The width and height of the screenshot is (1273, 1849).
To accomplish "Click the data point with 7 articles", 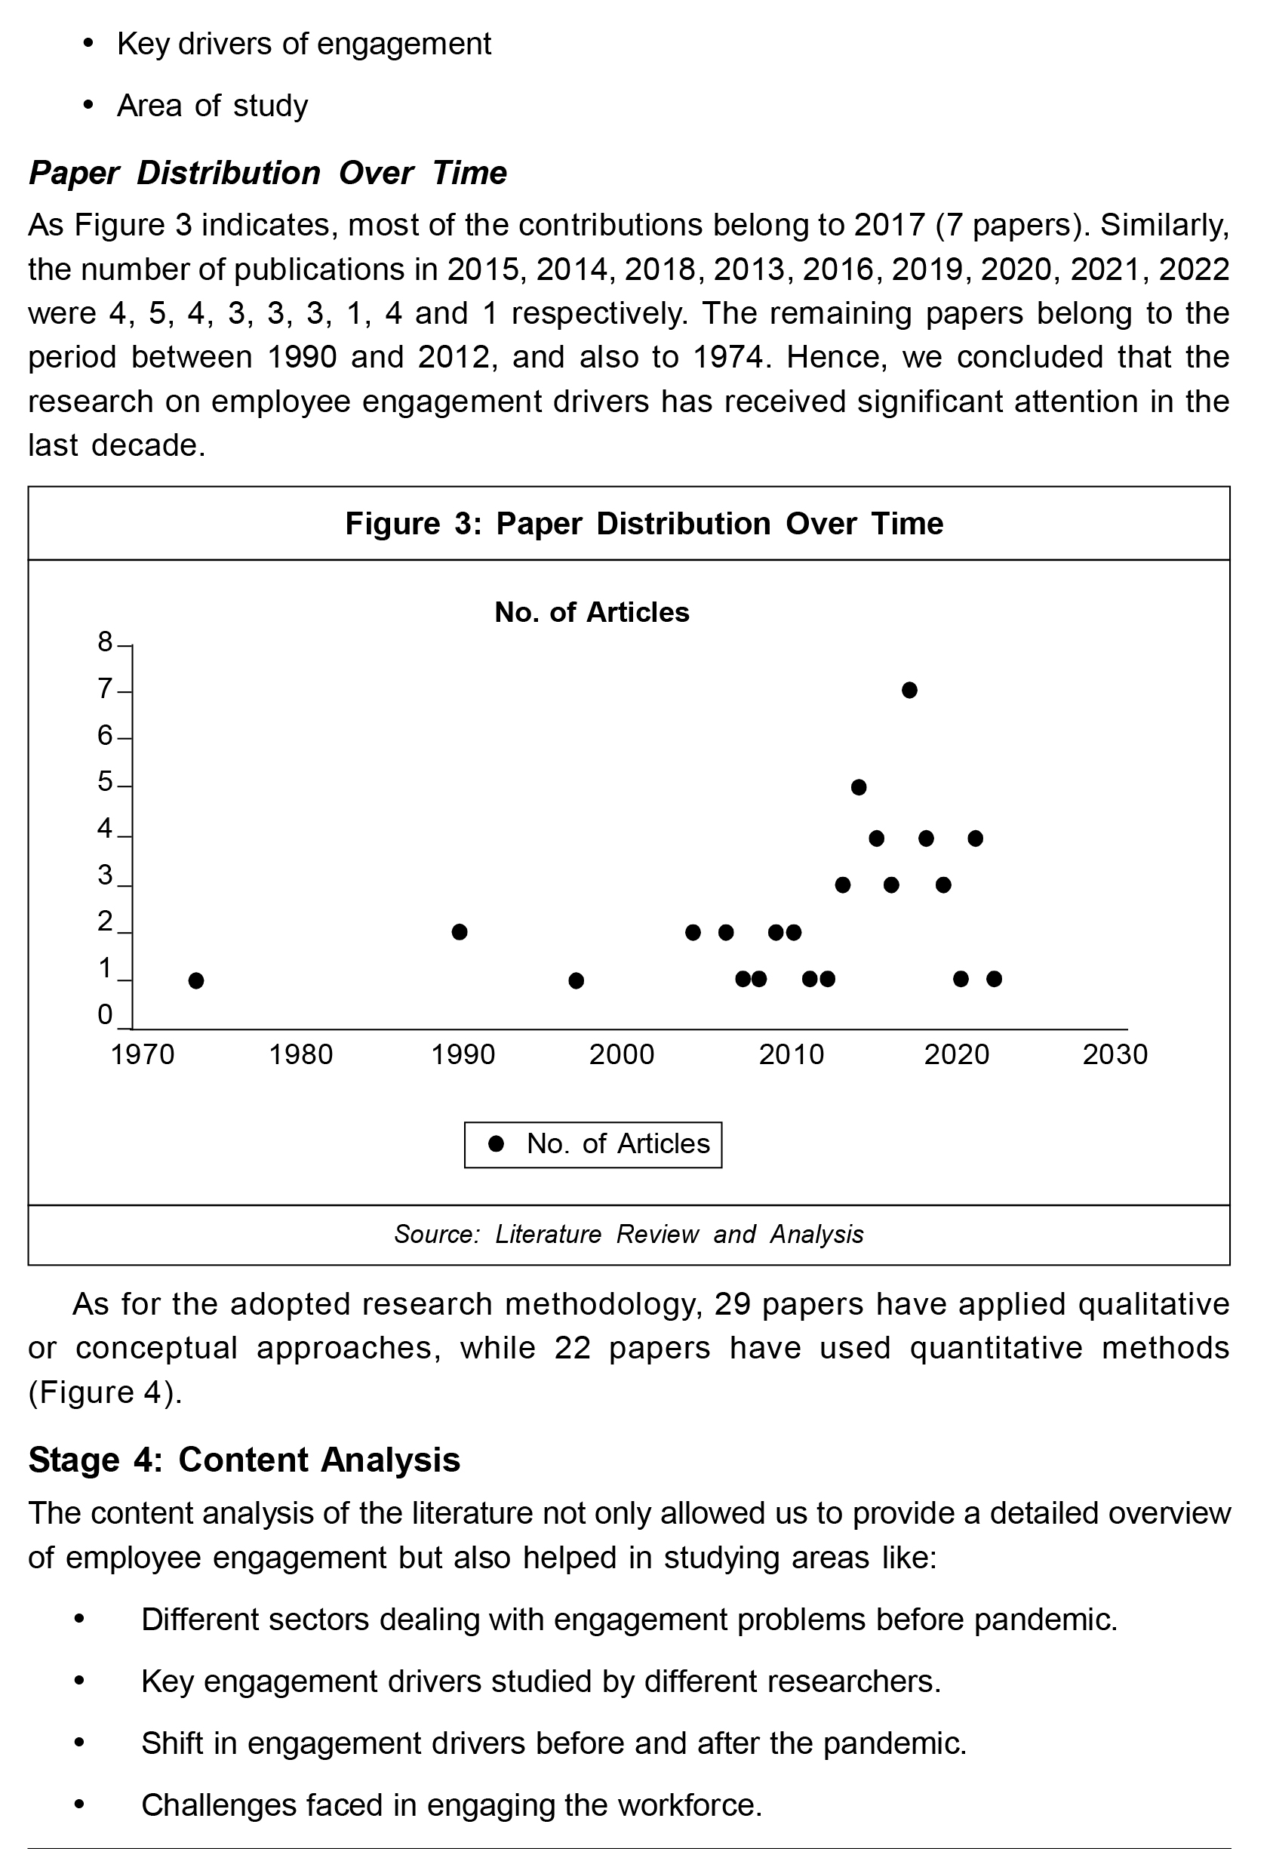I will pyautogui.click(x=909, y=690).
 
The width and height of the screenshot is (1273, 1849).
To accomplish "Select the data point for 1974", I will pyautogui.click(x=196, y=980).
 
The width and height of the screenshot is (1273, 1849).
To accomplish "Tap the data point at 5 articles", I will pyautogui.click(x=858, y=787).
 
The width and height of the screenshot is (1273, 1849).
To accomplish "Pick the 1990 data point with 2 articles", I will pyautogui.click(x=460, y=932).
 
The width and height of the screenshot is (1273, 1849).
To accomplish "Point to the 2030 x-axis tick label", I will pyautogui.click(x=1115, y=1055).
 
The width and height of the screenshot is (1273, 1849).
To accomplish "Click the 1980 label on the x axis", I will pyautogui.click(x=300, y=1055).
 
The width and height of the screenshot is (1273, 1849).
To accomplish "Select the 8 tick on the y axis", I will pyautogui.click(x=106, y=642).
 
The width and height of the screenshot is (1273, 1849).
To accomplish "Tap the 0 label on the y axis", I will pyautogui.click(x=106, y=1015).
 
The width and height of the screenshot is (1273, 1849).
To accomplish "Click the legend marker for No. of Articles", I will pyautogui.click(x=496, y=1145).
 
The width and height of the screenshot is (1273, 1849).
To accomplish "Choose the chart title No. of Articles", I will pyautogui.click(x=592, y=613).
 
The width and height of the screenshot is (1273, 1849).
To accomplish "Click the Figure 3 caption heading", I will pyautogui.click(x=644, y=524).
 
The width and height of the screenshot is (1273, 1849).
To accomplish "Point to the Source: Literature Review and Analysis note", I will pyautogui.click(x=629, y=1235).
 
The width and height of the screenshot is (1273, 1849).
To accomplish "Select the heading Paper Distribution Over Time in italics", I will pyautogui.click(x=268, y=173).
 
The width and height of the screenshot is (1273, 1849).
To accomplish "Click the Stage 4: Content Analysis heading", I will pyautogui.click(x=244, y=1460).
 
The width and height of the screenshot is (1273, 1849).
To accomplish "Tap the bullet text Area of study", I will pyautogui.click(x=212, y=106).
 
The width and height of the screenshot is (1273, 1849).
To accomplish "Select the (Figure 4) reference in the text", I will pyautogui.click(x=106, y=1392).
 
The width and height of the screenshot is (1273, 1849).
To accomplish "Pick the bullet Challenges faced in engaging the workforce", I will pyautogui.click(x=451, y=1804).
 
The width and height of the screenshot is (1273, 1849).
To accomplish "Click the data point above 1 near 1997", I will pyautogui.click(x=576, y=980).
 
